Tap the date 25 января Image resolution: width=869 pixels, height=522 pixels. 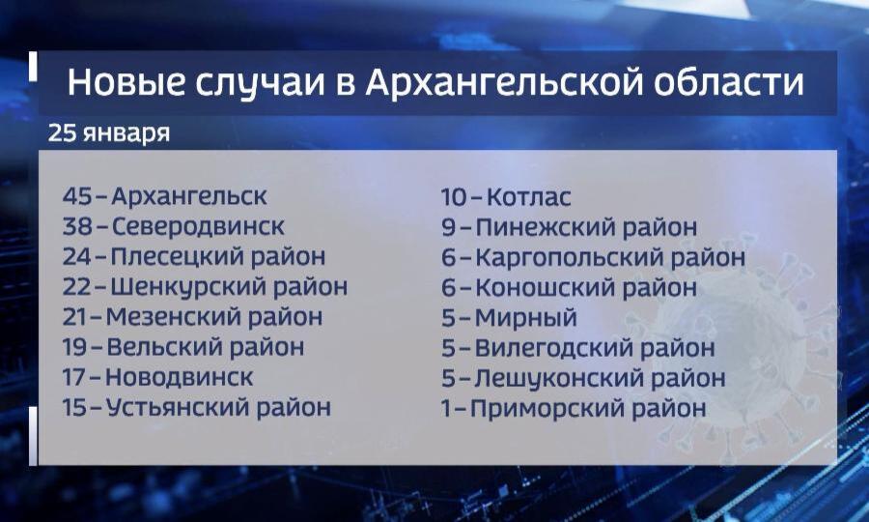pos(108,133)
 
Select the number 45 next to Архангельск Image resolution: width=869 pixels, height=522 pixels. pos(76,196)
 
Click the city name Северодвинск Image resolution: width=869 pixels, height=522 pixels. pos(198,226)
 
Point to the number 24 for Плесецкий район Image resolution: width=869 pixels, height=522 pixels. pos(76,256)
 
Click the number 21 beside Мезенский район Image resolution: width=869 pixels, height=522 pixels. pos(74,317)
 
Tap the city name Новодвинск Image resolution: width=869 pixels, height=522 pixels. pos(179,377)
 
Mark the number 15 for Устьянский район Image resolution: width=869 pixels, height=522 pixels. pos(74,407)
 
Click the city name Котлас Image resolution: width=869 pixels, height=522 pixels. pos(529,197)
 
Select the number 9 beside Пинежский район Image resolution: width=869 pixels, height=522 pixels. pos(448,227)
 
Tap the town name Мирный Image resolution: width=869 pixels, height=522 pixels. pos(526,318)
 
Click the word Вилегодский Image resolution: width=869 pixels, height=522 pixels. pos(554,348)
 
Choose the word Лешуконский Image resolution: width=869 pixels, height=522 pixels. pos(559,378)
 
